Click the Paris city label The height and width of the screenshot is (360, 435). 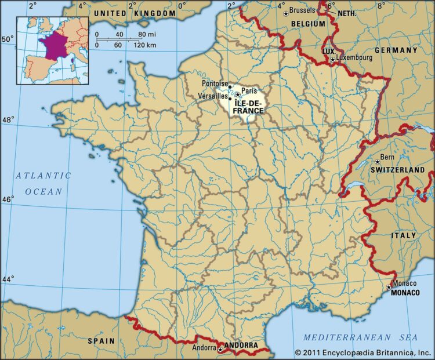click(248, 90)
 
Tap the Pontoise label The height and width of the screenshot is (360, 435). click(215, 83)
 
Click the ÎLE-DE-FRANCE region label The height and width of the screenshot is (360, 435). click(249, 107)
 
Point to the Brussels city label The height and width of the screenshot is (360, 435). click(302, 10)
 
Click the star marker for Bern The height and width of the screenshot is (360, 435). click(377, 162)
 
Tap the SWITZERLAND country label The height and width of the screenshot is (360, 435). click(398, 170)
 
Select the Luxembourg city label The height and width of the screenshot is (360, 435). click(357, 58)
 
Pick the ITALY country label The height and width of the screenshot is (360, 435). click(404, 235)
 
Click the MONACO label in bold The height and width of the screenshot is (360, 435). click(405, 293)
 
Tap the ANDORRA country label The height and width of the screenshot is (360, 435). click(241, 346)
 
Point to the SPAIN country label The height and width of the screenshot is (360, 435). click(101, 341)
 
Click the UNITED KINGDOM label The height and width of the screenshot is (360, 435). click(134, 13)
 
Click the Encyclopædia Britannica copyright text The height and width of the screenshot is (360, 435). click(363, 352)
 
